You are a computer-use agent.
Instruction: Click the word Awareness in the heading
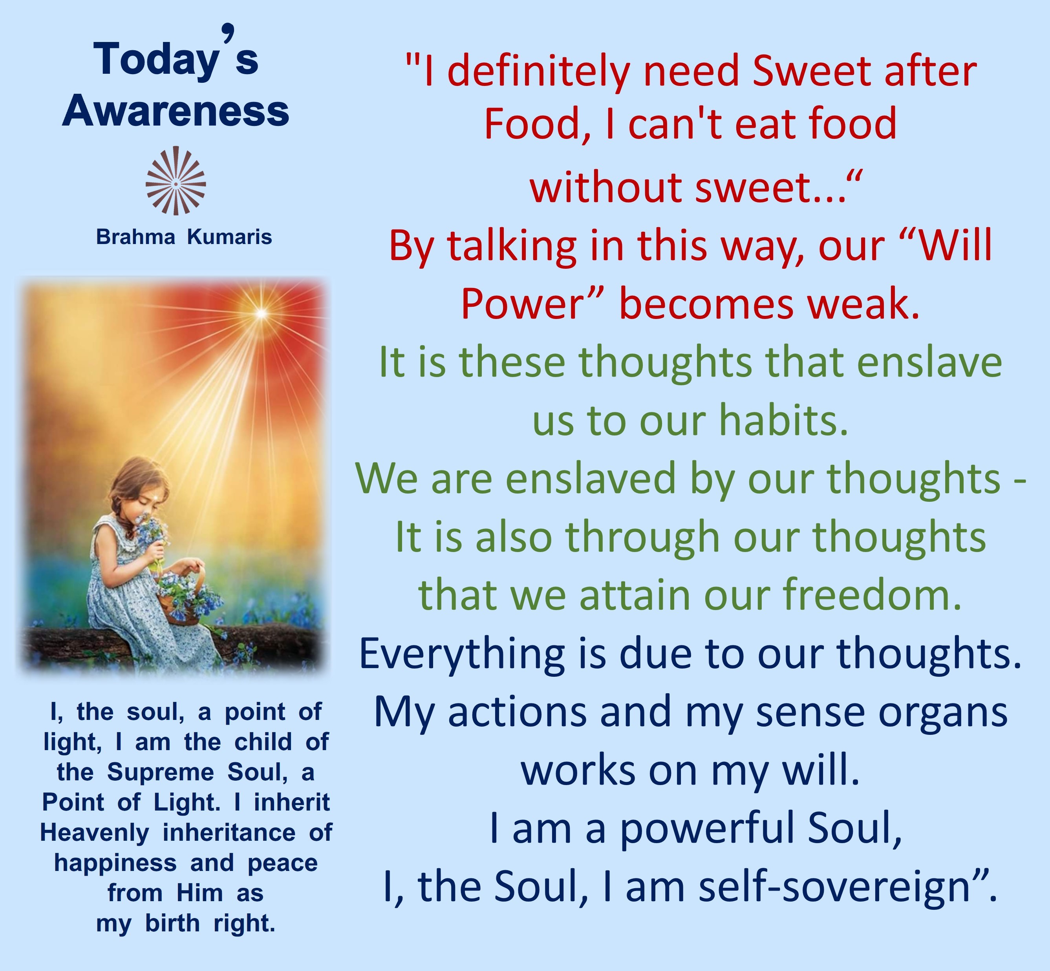point(176,111)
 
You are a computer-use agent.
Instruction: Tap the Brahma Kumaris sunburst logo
point(176,181)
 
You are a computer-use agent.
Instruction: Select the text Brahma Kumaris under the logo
point(184,237)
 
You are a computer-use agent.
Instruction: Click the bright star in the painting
point(261,314)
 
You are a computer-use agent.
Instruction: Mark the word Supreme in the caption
point(160,773)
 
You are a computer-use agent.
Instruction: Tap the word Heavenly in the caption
point(95,833)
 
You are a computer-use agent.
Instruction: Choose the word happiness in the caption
point(115,863)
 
